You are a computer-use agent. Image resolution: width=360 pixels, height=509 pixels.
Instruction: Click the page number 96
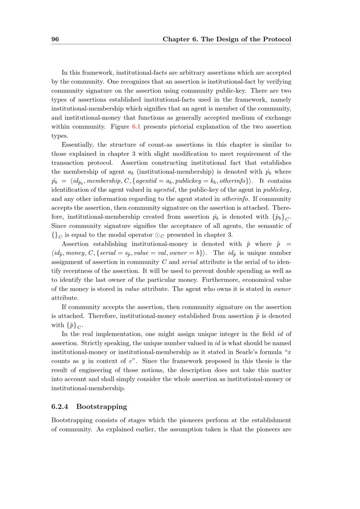coord(55,39)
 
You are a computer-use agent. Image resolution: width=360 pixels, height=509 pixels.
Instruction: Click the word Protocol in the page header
coord(277,39)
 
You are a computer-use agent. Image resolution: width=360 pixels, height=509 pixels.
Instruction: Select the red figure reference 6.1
coord(136,127)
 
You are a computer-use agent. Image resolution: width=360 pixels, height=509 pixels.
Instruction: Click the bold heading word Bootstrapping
coord(102,407)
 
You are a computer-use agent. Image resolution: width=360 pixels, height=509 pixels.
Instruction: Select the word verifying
coord(278,82)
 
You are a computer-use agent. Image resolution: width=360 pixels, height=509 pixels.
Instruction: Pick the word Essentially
coord(78,145)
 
